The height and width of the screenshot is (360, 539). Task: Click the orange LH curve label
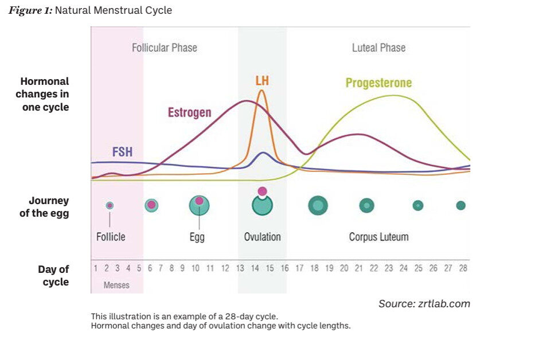pos(262,81)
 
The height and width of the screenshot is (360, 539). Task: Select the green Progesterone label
pos(378,83)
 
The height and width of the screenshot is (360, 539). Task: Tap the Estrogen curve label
pos(189,112)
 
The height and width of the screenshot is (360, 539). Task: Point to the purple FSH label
pos(122,152)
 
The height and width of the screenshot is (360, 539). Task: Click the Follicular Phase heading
pos(165,48)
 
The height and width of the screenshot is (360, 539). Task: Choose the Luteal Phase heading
pos(378,48)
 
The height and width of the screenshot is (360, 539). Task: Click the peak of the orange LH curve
pos(262,91)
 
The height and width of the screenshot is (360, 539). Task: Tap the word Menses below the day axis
pos(116,285)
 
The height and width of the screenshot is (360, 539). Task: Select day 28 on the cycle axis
pos(463,268)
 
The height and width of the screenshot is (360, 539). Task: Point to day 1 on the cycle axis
pos(95,268)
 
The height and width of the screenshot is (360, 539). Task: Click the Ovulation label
pos(263,237)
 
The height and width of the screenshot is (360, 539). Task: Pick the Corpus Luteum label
pos(378,237)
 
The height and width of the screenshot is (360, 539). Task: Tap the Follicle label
pos(111,236)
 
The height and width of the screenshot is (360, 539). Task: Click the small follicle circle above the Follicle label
pos(110,205)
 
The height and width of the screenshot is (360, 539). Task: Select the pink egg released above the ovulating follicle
pos(262,191)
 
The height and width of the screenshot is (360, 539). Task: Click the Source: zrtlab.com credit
pos(424,304)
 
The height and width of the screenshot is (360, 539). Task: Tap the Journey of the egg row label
pos(49,208)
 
